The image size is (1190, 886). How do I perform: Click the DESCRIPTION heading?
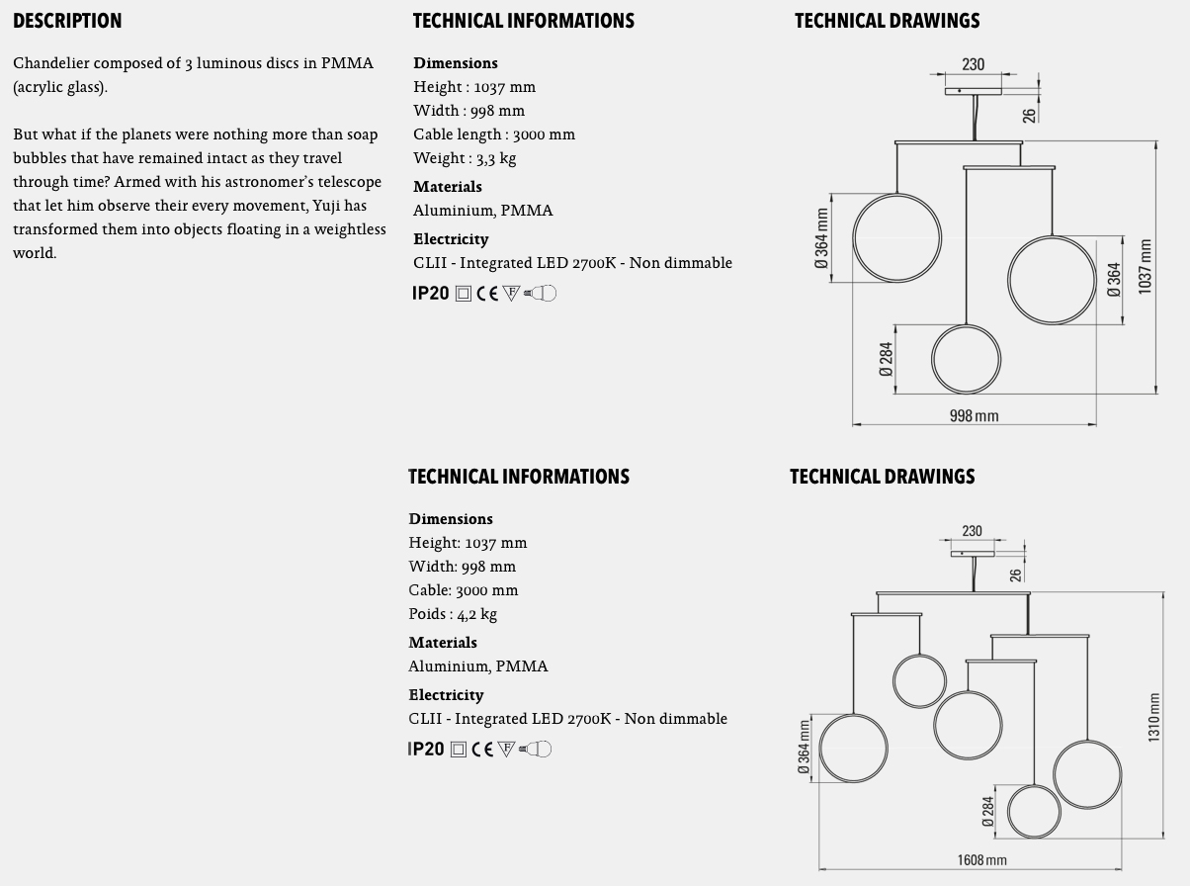point(67,21)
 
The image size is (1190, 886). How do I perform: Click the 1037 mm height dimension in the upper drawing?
point(1146,265)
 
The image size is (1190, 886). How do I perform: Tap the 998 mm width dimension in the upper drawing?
point(974,416)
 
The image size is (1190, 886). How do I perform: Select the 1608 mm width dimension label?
point(981,860)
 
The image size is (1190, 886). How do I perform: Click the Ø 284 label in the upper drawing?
point(886,359)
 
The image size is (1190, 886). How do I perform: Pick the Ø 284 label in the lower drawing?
point(988,811)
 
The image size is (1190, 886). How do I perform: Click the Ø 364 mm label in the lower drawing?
point(804,748)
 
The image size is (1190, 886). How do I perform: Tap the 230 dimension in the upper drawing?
point(973,64)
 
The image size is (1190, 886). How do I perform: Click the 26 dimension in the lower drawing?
point(1015,574)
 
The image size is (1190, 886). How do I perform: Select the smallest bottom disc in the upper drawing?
point(966,359)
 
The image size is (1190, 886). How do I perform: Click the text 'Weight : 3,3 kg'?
point(465,158)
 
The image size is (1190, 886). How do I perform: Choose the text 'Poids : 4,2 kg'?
point(453,614)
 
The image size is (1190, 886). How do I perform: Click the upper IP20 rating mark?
point(430,293)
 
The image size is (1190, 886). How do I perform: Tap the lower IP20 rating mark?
point(426,749)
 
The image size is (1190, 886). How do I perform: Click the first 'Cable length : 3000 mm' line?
point(493,134)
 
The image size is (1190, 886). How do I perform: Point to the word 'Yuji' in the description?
point(325,206)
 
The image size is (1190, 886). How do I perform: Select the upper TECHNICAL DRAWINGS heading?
point(887,21)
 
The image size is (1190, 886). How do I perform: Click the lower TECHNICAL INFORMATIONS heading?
point(518,477)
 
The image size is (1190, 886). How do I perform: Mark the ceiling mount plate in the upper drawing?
point(973,91)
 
